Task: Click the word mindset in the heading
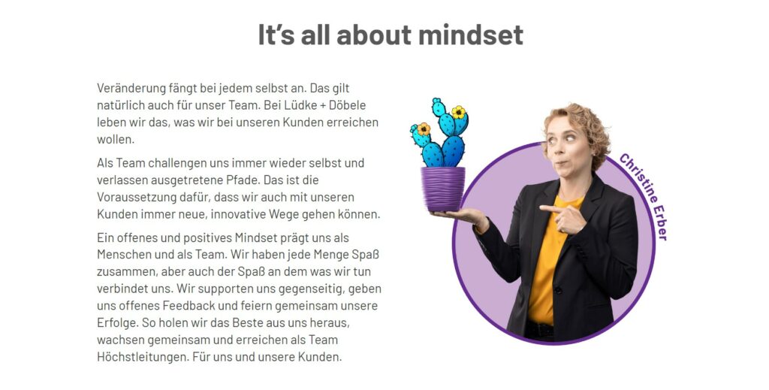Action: tap(471, 35)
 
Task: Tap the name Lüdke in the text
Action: tap(294, 105)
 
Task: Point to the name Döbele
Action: tap(347, 105)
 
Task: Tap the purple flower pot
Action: tap(442, 189)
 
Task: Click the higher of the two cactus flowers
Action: tap(459, 112)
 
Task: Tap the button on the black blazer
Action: tap(557, 290)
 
